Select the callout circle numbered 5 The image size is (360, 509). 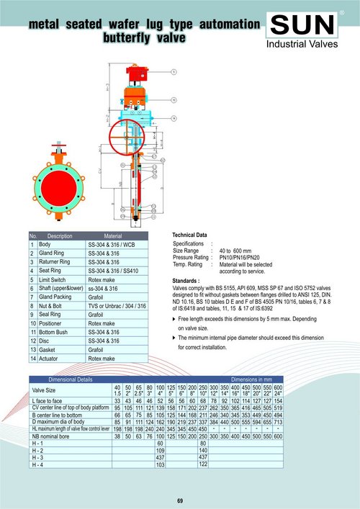[x=174, y=72]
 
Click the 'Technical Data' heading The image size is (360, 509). [x=190, y=235]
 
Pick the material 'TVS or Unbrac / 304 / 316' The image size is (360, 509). [x=116, y=306]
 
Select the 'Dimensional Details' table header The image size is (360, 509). [x=70, y=379]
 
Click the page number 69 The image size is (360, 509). [x=180, y=500]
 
